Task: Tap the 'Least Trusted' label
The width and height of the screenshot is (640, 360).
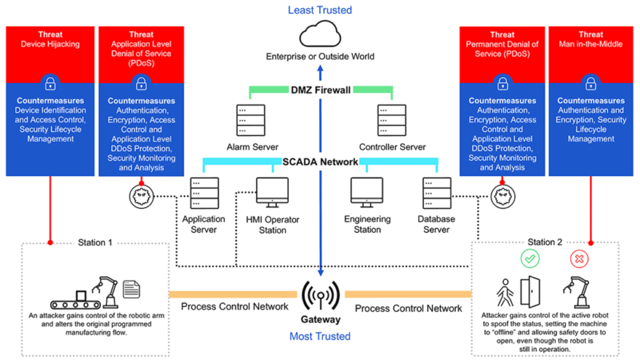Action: point(320,10)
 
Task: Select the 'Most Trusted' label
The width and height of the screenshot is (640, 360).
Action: point(320,336)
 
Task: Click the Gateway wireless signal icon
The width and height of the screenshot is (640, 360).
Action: point(320,295)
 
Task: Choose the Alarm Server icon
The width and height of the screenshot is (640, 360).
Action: point(250,119)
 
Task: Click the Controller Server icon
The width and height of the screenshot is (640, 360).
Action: point(390,119)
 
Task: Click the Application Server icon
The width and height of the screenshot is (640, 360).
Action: point(203,194)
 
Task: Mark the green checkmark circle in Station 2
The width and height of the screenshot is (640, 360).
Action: point(529,258)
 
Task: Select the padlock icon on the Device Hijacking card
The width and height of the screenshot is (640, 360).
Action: point(50,83)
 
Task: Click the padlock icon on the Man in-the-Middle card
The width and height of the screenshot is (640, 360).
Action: point(590,83)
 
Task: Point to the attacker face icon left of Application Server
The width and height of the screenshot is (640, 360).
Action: point(140,194)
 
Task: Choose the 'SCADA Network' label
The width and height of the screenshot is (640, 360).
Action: point(320,161)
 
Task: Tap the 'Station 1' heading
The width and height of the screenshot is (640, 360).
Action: point(95,242)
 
